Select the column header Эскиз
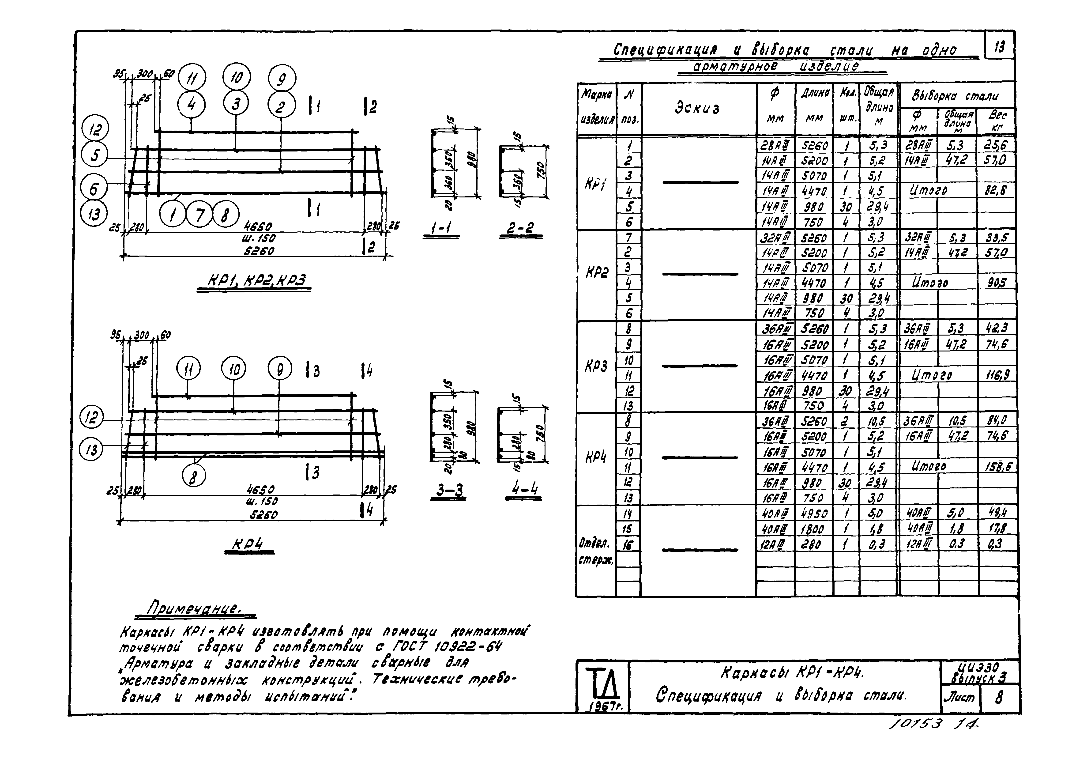coord(697,108)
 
